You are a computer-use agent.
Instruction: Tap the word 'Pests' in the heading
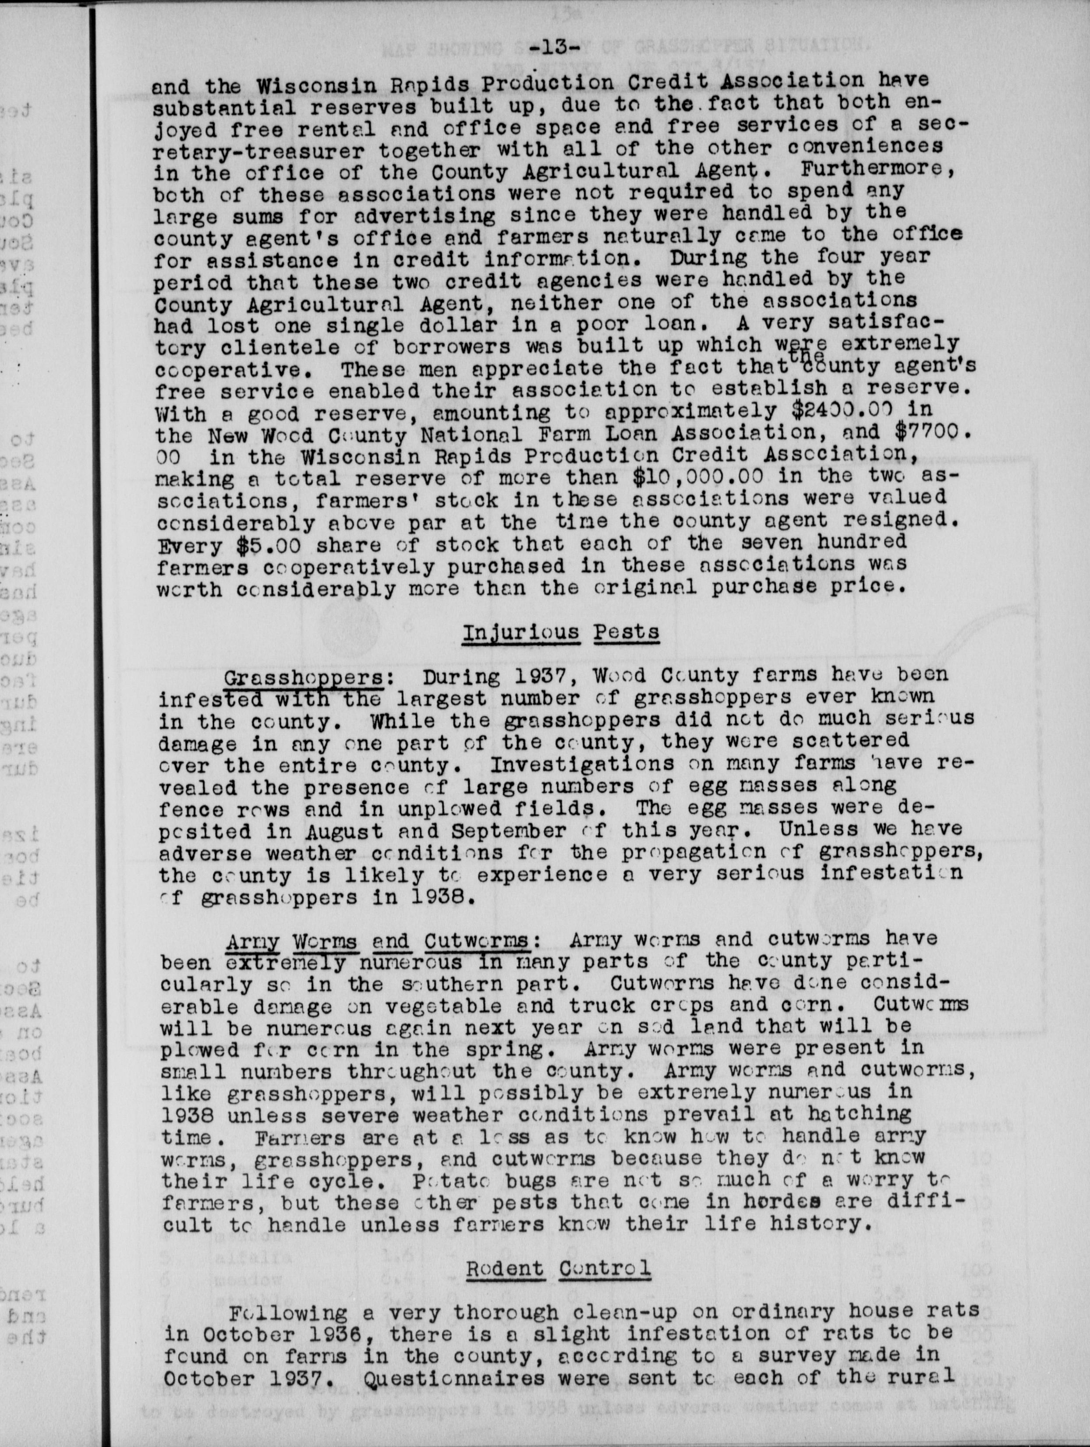click(626, 632)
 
